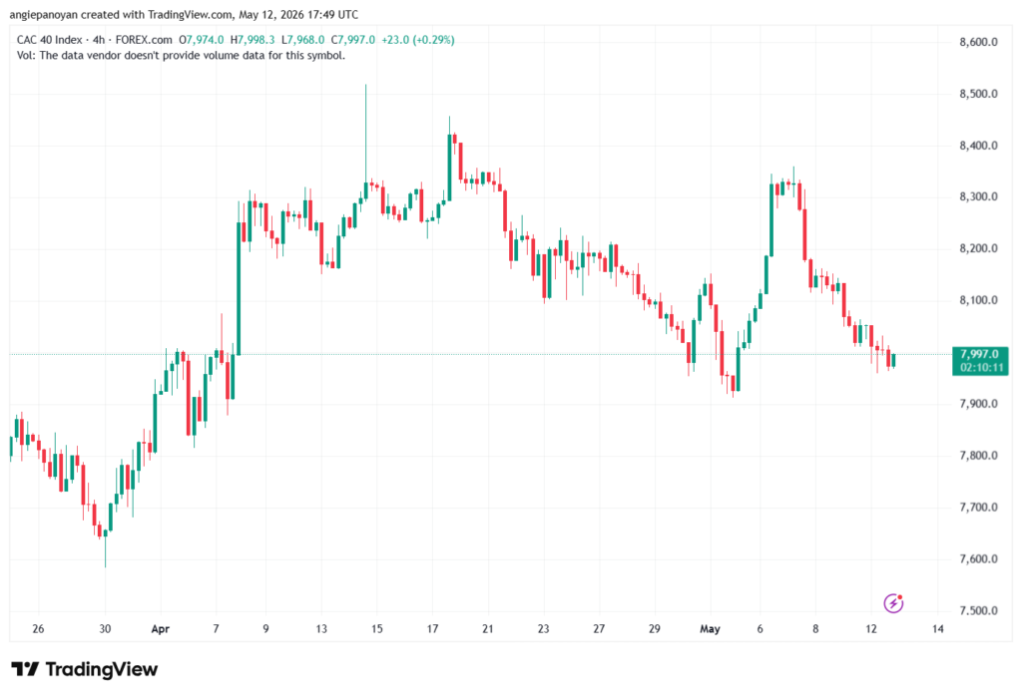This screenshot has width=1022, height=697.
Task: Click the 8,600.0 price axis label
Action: pos(978,42)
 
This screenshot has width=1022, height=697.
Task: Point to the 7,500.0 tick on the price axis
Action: pos(978,611)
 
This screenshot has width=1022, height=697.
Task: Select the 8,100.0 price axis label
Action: pos(978,300)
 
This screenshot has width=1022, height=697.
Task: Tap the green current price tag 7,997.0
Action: pos(980,361)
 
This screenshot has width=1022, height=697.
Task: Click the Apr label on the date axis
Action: pos(161,629)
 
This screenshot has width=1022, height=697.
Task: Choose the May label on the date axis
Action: pos(710,629)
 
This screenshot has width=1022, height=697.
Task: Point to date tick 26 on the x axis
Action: pos(39,629)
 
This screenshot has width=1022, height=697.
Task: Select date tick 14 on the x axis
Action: pos(938,629)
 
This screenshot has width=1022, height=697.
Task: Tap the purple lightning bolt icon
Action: pos(893,603)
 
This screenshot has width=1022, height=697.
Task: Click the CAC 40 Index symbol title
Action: pos(50,40)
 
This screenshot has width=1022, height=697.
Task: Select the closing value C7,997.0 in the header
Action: pos(353,40)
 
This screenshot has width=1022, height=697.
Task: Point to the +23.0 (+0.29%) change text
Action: pos(418,40)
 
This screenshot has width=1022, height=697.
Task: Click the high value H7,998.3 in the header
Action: pos(253,40)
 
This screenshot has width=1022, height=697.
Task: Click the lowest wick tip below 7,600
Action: pos(105,566)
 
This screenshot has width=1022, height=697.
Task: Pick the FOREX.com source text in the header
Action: pos(144,40)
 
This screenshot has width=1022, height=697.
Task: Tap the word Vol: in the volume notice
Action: pos(26,56)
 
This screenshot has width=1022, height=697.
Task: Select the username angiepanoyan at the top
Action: pos(44,14)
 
